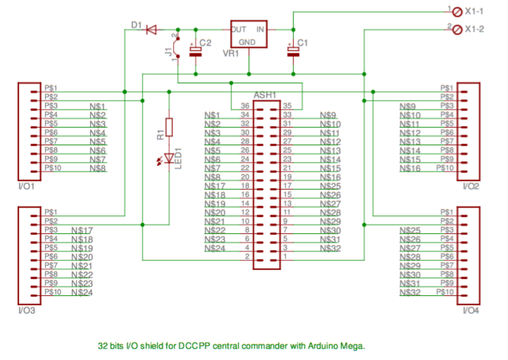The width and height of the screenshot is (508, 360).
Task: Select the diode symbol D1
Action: click(x=150, y=30)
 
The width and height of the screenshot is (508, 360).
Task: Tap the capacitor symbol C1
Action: click(x=292, y=49)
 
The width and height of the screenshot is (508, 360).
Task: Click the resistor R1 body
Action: click(x=168, y=127)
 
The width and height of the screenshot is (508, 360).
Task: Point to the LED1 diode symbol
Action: click(x=168, y=162)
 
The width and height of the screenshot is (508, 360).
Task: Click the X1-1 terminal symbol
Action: click(x=456, y=11)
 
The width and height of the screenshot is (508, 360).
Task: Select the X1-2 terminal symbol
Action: click(x=456, y=29)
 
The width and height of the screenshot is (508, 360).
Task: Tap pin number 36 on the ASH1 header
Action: click(x=245, y=105)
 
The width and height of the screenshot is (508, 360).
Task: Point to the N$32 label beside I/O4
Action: click(x=410, y=292)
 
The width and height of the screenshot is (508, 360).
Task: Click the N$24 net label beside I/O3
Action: click(x=82, y=292)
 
